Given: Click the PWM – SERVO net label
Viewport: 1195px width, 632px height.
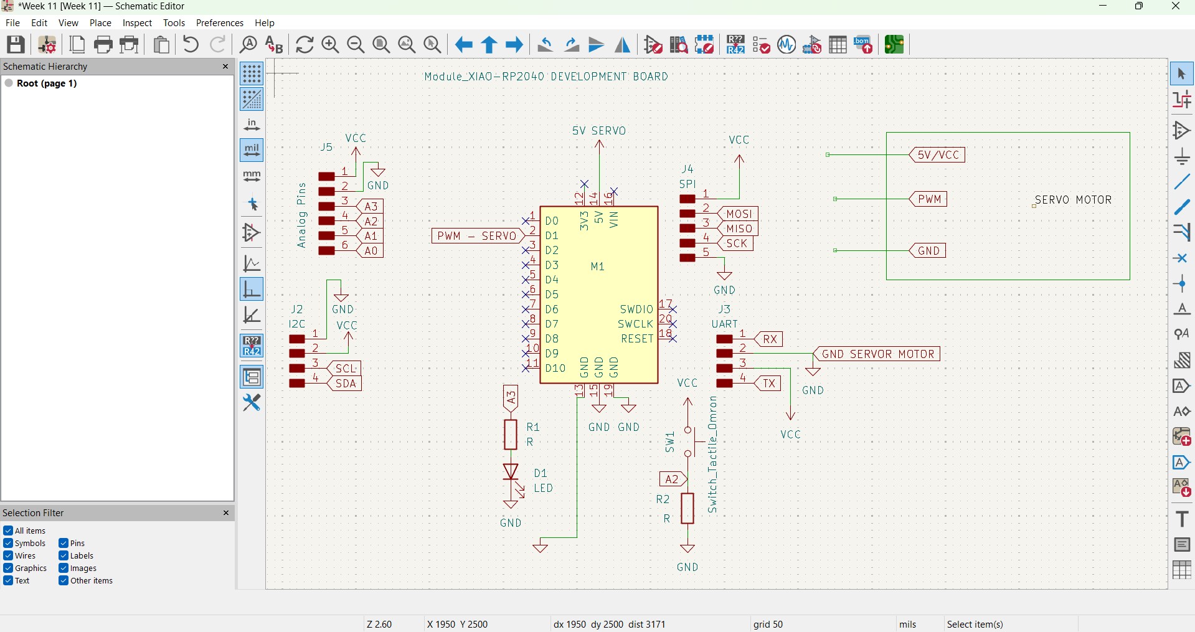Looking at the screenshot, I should pyautogui.click(x=477, y=236).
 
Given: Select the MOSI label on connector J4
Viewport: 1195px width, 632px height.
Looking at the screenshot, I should pyautogui.click(x=739, y=214).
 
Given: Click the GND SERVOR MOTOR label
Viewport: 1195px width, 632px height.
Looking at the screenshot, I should pyautogui.click(x=878, y=354).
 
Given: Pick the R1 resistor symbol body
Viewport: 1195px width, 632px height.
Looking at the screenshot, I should pyautogui.click(x=511, y=435).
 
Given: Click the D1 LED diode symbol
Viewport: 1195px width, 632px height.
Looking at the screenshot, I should pyautogui.click(x=511, y=472).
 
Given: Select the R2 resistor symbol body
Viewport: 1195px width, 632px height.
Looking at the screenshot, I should pyautogui.click(x=687, y=509).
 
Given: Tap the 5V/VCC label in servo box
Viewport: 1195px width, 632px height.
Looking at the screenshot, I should pyautogui.click(x=938, y=155).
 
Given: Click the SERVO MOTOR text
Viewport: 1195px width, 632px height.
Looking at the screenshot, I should pyautogui.click(x=1074, y=200).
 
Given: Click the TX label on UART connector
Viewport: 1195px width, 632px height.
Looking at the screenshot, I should pyautogui.click(x=770, y=384).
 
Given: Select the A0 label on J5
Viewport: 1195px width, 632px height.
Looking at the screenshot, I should pyautogui.click(x=371, y=251).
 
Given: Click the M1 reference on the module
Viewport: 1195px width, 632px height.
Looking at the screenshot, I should pyautogui.click(x=598, y=266).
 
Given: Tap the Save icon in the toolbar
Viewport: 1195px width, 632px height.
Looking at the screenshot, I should pyautogui.click(x=16, y=45).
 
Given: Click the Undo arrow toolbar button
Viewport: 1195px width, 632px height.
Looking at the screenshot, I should pyautogui.click(x=191, y=45).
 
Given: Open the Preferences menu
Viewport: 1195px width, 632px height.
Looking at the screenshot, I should pyautogui.click(x=219, y=23).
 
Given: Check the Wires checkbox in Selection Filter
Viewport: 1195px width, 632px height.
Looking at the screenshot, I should pyautogui.click(x=8, y=555).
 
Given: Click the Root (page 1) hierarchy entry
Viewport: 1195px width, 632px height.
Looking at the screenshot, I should pyautogui.click(x=47, y=83).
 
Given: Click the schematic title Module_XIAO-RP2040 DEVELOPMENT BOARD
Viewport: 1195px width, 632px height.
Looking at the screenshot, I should pyautogui.click(x=546, y=77).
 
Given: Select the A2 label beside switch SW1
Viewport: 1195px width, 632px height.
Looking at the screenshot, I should pyautogui.click(x=673, y=479).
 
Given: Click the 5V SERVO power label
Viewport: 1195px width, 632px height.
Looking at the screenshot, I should pyautogui.click(x=599, y=131).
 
